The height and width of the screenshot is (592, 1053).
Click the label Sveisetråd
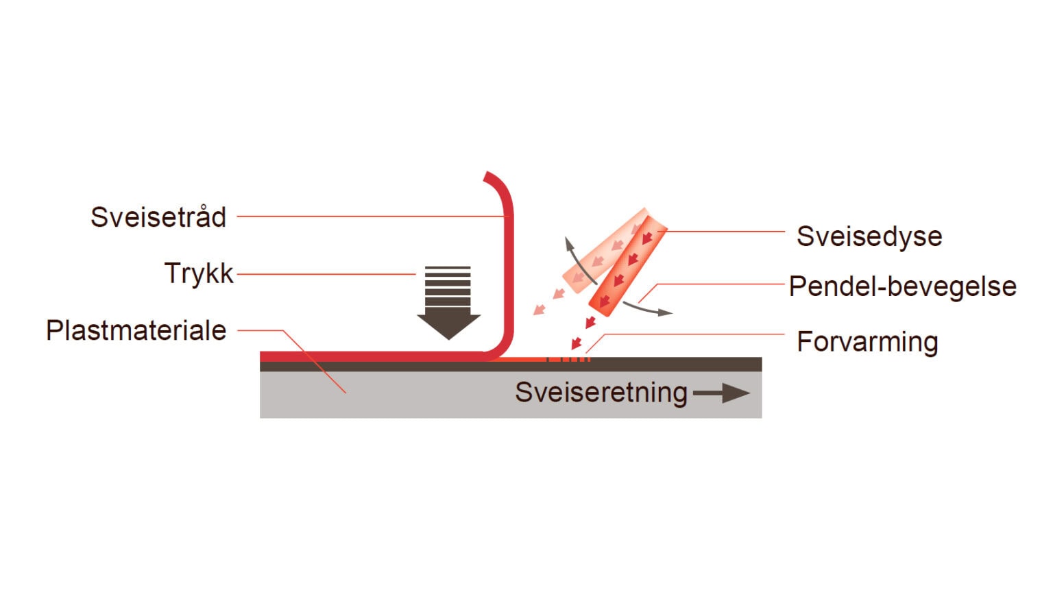point(158,217)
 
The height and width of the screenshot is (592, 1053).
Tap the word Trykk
point(199,273)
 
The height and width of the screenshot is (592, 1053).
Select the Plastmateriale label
point(136,330)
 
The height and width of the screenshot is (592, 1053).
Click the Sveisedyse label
point(869,236)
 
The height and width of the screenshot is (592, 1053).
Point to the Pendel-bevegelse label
point(902,286)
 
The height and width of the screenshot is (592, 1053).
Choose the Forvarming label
point(867,341)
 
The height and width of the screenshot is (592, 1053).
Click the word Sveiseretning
point(601,393)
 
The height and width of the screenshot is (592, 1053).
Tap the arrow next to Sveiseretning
point(721,393)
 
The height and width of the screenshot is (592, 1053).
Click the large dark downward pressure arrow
point(448,301)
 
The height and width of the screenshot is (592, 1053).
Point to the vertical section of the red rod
point(508,274)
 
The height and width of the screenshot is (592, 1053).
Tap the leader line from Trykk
point(326,274)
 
